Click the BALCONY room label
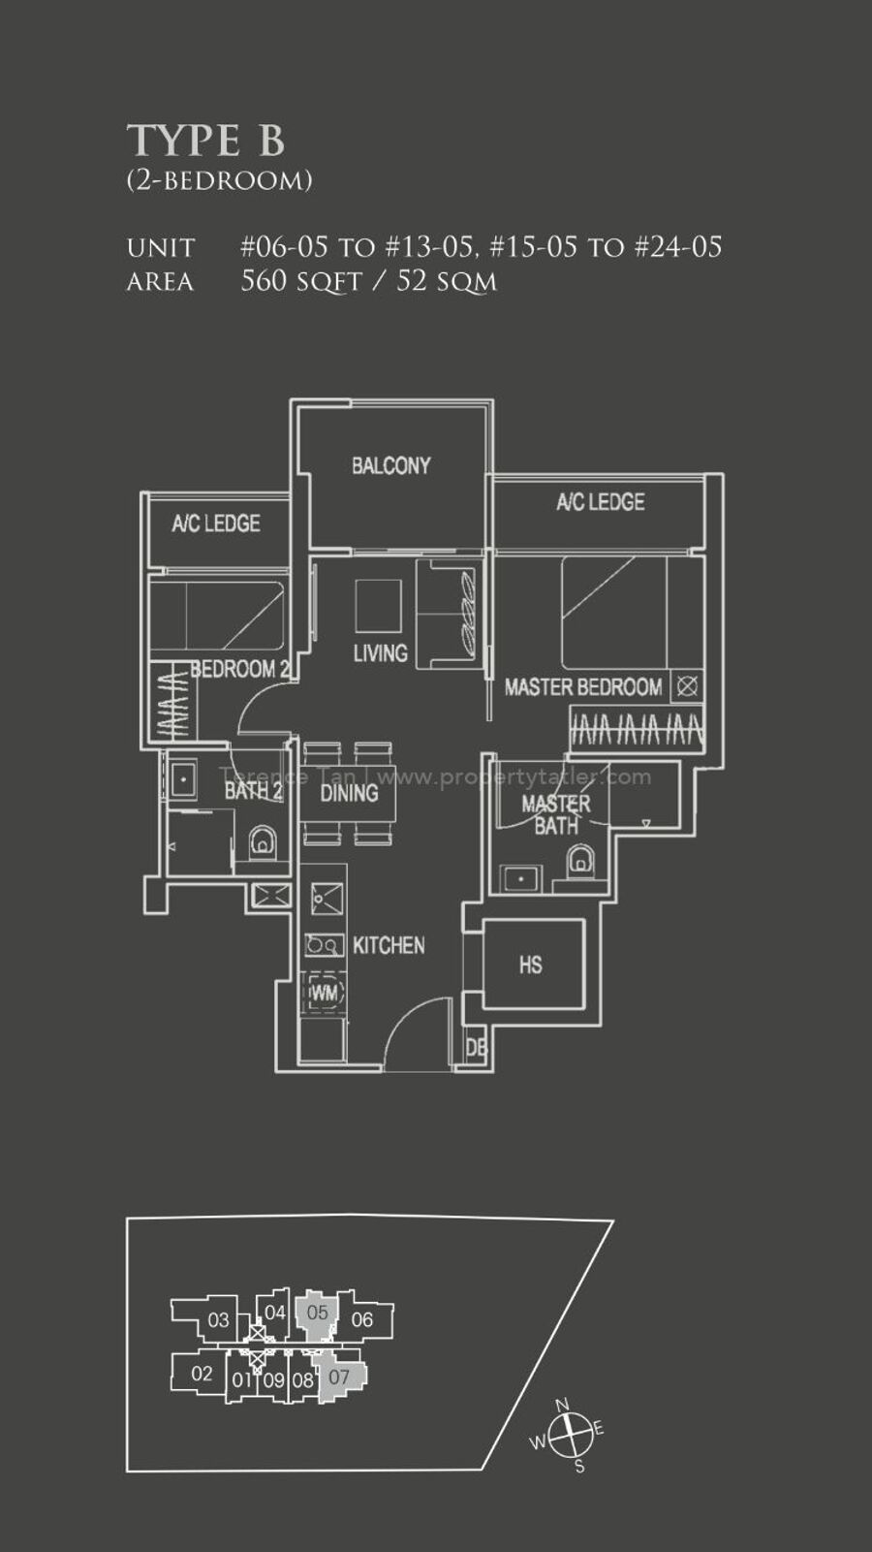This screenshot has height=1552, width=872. click(390, 465)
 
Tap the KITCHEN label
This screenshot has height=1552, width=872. click(389, 945)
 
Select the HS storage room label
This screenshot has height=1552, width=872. click(531, 966)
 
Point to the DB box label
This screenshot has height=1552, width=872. click(477, 1048)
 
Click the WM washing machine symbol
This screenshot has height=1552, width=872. click(324, 993)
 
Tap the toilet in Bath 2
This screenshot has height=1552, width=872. click(262, 841)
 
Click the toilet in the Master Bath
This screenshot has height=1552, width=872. click(579, 861)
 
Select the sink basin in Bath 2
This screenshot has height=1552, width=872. click(183, 779)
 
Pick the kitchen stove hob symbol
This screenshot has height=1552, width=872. click(324, 945)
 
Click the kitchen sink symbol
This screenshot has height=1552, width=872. click(327, 900)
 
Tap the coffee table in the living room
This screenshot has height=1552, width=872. click(378, 606)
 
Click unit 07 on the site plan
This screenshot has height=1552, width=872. click(340, 1376)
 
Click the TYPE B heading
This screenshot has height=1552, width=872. click(205, 141)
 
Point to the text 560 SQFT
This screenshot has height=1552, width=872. click(301, 281)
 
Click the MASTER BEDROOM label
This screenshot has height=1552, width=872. click(583, 687)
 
